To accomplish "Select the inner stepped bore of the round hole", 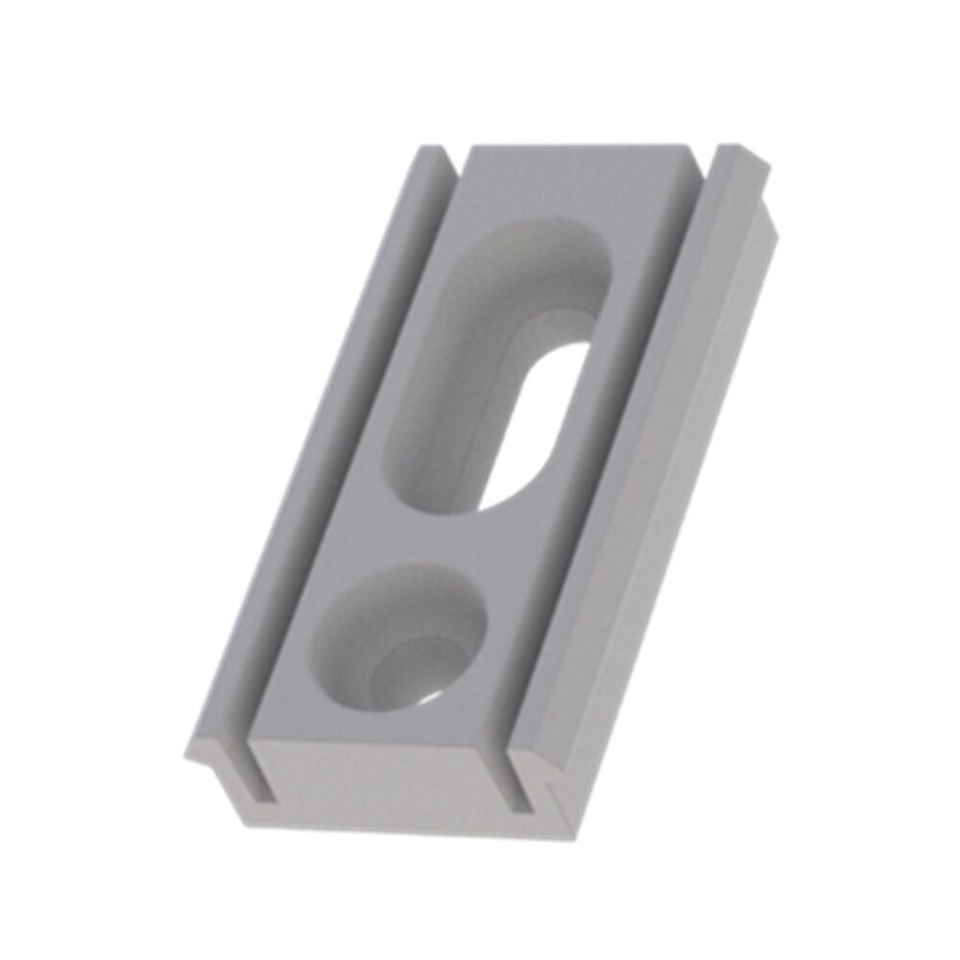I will tap(408, 672).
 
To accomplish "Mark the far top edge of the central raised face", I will tap(576, 149).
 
